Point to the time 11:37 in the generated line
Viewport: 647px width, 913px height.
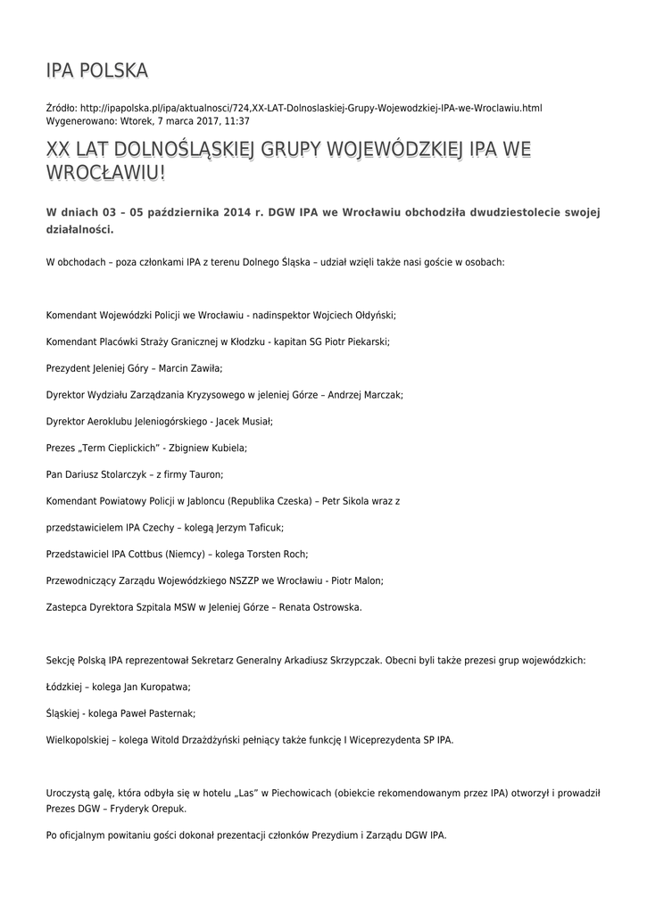[236, 120]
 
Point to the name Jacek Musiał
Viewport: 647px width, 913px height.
[245, 421]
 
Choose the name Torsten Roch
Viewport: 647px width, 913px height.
[276, 554]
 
